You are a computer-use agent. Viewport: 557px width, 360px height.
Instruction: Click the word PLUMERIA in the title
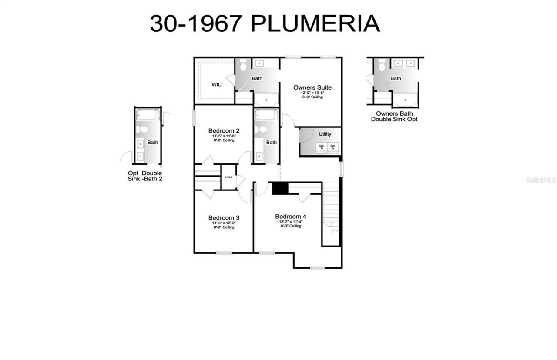tap(315, 23)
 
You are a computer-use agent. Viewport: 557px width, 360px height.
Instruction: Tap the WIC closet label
tap(216, 84)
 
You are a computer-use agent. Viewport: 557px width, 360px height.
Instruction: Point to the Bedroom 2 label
tap(224, 130)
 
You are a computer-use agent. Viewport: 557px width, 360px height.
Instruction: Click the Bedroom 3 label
tap(224, 217)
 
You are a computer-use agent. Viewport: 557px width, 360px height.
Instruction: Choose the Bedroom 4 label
tap(291, 216)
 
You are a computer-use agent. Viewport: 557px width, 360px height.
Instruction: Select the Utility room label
tap(325, 134)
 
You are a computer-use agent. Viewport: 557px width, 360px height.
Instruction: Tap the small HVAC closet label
tap(229, 177)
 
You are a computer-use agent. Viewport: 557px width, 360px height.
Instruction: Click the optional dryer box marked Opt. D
tap(322, 147)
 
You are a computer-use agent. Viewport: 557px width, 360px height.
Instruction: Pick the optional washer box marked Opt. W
tap(333, 147)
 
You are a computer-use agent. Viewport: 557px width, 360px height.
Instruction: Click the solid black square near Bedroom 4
tap(280, 188)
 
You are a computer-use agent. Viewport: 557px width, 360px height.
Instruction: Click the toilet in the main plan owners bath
tap(243, 65)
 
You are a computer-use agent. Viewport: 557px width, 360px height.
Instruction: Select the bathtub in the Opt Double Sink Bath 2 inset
tap(148, 115)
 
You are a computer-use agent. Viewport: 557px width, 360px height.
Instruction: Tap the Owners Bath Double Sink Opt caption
tap(394, 116)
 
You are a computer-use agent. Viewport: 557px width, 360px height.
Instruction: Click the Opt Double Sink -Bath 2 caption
tap(145, 176)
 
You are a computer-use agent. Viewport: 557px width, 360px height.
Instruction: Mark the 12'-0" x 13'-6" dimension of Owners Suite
tap(312, 93)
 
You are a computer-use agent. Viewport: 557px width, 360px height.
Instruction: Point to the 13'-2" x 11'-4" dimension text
tap(291, 221)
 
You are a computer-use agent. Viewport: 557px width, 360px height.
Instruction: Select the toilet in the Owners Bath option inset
tap(382, 66)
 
